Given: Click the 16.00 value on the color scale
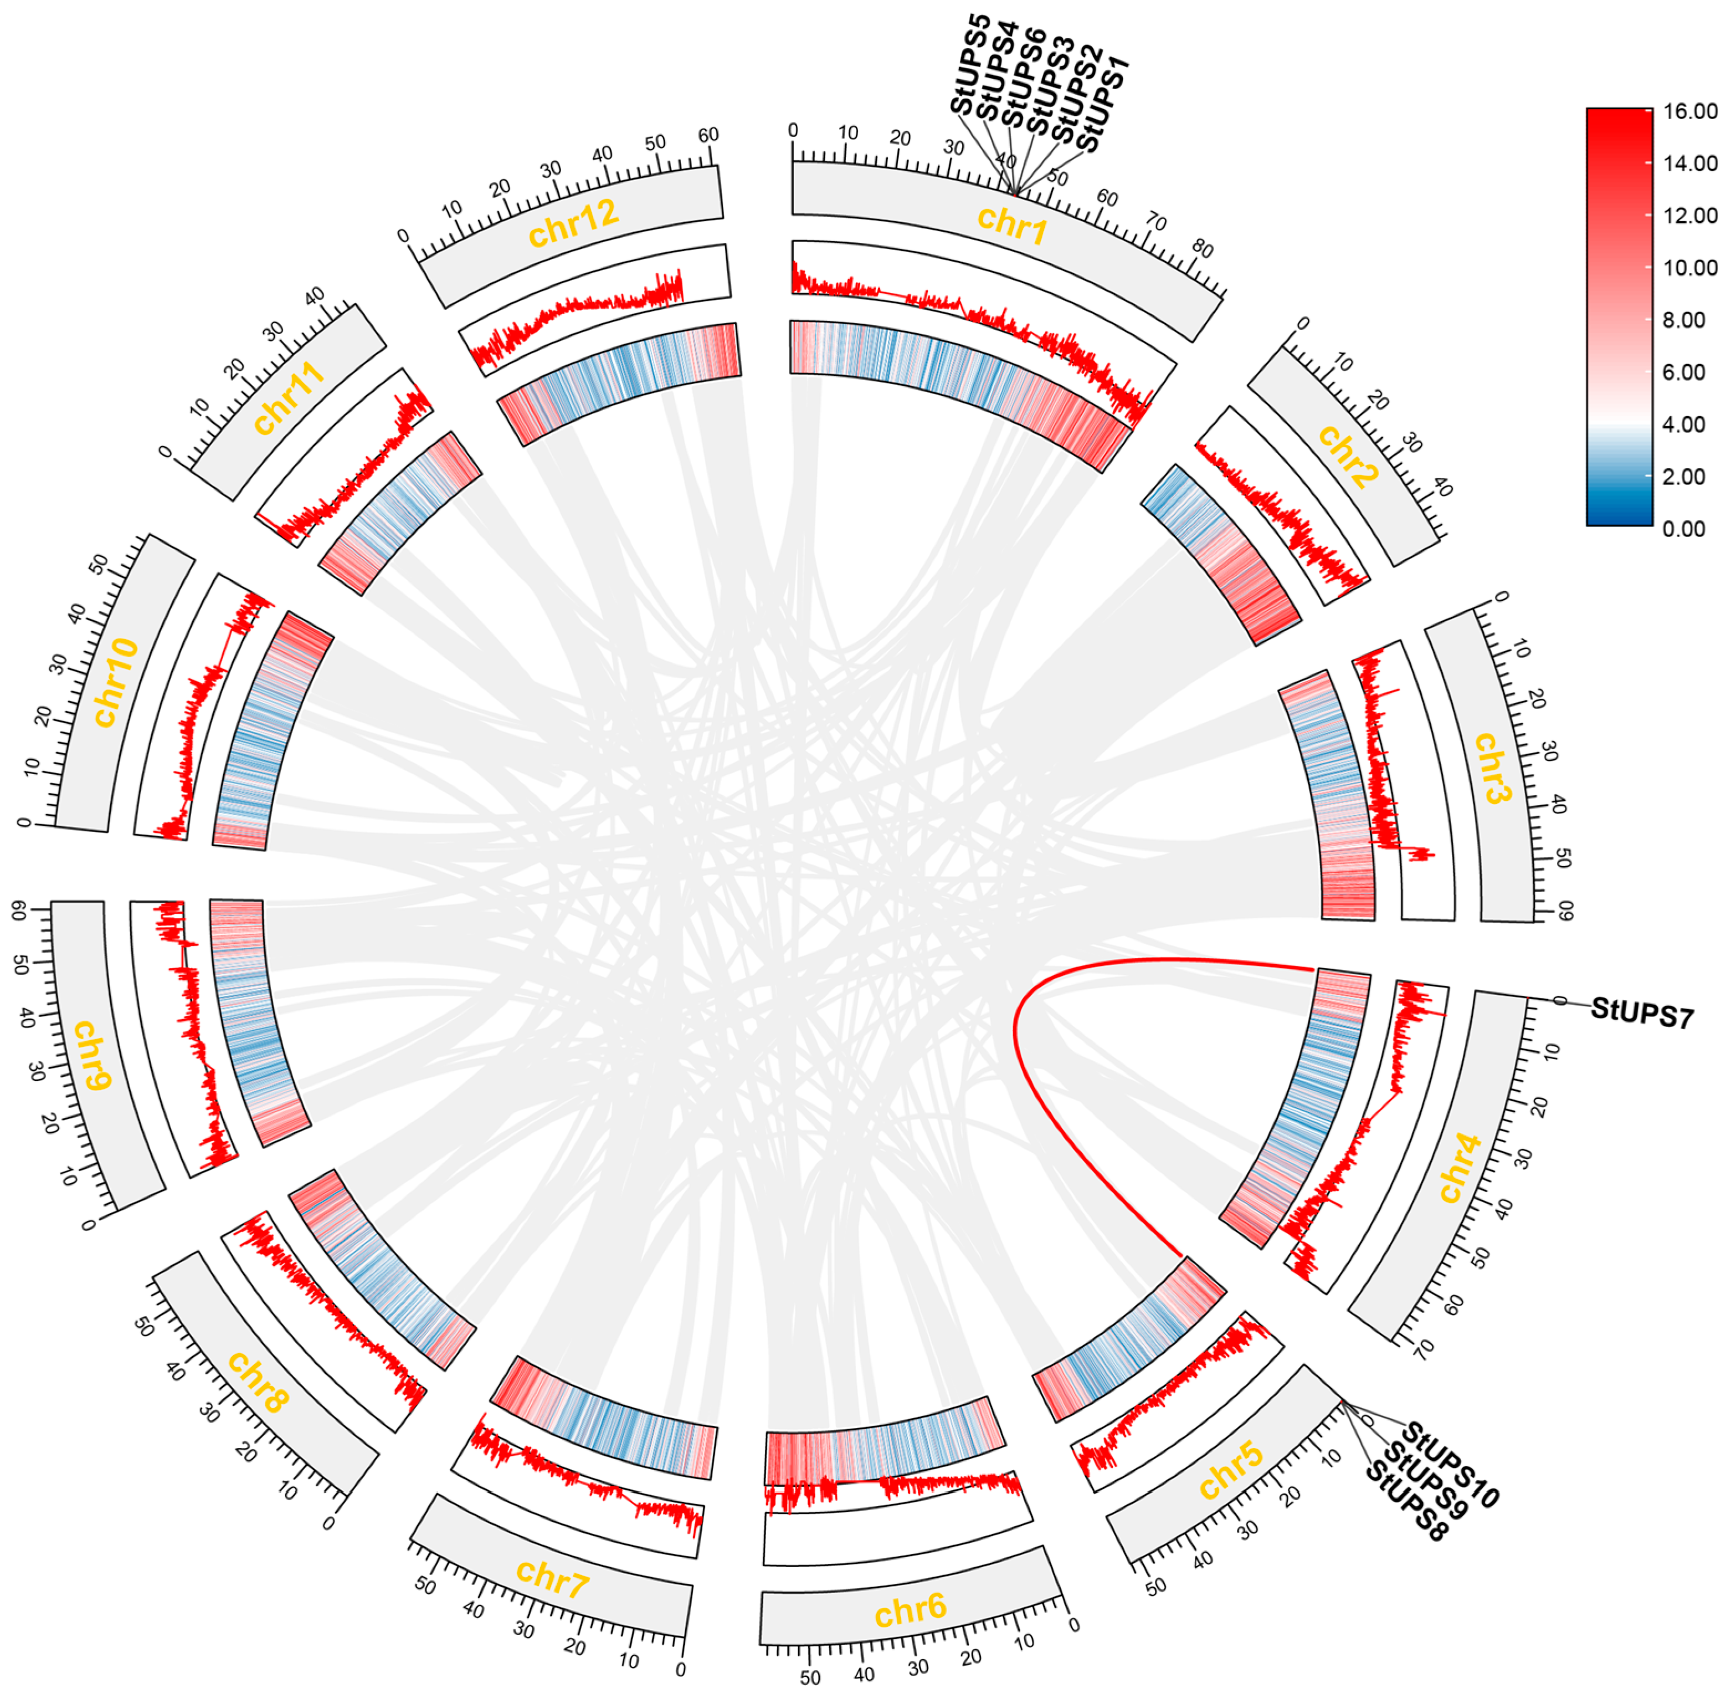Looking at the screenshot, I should tap(1689, 111).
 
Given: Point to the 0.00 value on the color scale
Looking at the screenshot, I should tap(1684, 529).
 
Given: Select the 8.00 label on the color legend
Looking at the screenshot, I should tap(1684, 320).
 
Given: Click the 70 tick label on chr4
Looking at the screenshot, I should tap(1424, 1348).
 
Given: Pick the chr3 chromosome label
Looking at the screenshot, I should tap(1489, 768).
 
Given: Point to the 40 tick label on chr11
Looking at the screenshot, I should tap(315, 297).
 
